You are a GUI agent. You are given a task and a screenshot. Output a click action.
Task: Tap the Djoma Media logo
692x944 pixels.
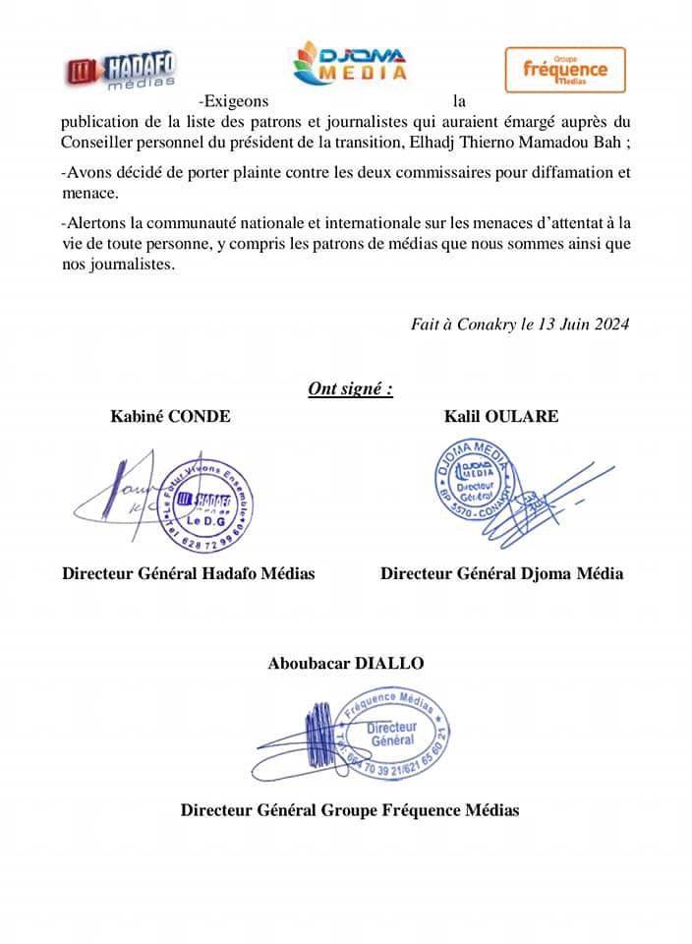[x=352, y=61]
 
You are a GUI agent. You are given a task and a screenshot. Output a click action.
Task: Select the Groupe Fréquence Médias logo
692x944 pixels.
[x=564, y=70]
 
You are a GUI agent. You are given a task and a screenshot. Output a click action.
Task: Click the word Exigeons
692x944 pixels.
[x=232, y=101]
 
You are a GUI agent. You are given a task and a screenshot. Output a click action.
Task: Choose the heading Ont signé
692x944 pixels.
[x=351, y=388]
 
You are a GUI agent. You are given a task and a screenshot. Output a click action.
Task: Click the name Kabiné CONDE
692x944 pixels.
[x=170, y=416]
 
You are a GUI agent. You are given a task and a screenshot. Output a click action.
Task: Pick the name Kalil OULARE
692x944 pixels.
[x=501, y=416]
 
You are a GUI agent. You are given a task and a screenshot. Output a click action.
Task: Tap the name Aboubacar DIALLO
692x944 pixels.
[x=346, y=664]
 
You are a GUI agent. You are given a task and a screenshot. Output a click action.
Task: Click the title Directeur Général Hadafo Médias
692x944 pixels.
[x=189, y=573]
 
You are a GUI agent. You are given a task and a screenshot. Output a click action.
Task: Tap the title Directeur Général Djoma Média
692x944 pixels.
[x=501, y=573]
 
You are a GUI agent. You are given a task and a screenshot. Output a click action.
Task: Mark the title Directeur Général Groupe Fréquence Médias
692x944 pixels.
[x=349, y=810]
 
